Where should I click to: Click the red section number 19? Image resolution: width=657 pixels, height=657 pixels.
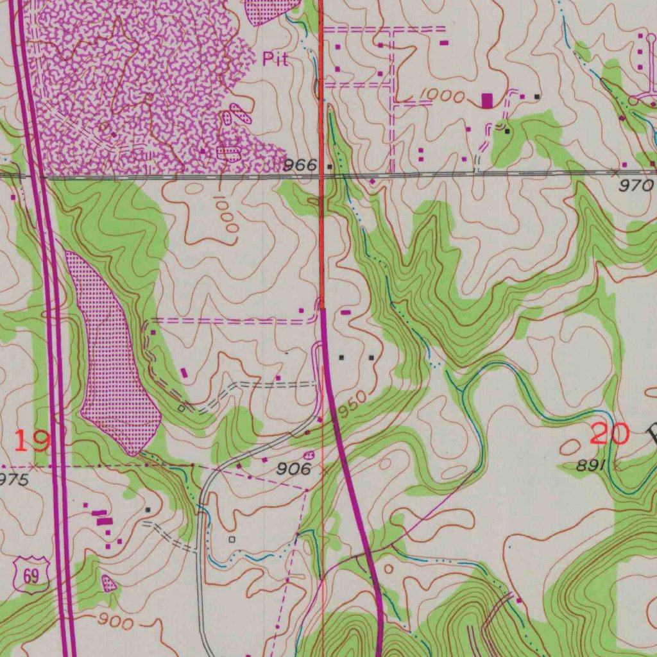pyautogui.click(x=31, y=441)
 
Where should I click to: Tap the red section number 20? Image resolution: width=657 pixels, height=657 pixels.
pyautogui.click(x=609, y=434)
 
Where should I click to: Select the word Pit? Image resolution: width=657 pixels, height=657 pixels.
pyautogui.click(x=275, y=60)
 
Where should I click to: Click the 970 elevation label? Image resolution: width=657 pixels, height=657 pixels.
pyautogui.click(x=636, y=186)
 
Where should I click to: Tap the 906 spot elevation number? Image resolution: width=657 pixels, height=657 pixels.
pyautogui.click(x=294, y=469)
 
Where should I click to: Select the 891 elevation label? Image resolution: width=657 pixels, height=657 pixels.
pyautogui.click(x=591, y=466)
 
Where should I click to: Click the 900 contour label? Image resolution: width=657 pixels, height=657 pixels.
pyautogui.click(x=116, y=622)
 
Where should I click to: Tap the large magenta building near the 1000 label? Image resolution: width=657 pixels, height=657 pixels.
pyautogui.click(x=487, y=100)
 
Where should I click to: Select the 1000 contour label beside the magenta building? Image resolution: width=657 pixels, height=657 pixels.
pyautogui.click(x=443, y=96)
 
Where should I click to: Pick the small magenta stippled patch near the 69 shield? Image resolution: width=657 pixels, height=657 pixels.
pyautogui.click(x=109, y=583)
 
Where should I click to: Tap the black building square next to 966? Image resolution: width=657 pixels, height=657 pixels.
pyautogui.click(x=330, y=166)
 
